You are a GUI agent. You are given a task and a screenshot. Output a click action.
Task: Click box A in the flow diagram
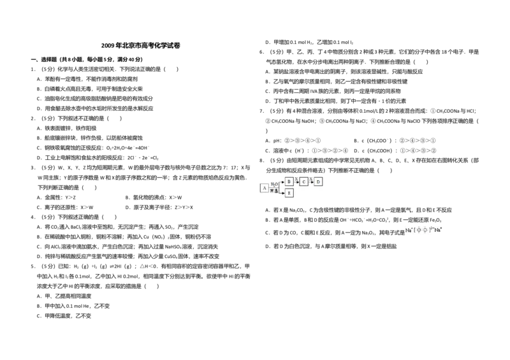point(264,188)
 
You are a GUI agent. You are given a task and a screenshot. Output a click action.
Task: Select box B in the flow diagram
point(289,182)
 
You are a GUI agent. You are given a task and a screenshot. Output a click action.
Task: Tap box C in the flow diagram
point(304,182)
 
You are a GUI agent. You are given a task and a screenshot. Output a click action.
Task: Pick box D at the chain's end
point(319,182)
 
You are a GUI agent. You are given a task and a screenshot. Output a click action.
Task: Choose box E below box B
point(289,192)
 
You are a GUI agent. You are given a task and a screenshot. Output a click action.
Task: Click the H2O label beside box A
point(274,184)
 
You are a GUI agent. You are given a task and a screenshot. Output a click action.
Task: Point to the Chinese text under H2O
point(274,191)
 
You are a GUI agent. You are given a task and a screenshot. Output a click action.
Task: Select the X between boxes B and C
point(296,178)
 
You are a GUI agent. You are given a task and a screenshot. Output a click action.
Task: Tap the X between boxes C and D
point(311,178)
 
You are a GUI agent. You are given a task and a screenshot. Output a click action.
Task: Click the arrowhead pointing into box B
point(282,182)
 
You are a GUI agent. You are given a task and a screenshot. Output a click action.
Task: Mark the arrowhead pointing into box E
point(282,192)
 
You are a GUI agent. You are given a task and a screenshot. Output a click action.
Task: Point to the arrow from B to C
point(296,182)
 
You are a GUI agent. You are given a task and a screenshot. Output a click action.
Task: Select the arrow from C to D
point(312,182)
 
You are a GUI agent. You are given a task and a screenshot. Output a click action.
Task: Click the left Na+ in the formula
point(408,230)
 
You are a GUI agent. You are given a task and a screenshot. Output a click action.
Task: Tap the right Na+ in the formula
point(439,229)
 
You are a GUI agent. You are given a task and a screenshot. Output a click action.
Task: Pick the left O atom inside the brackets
point(418,230)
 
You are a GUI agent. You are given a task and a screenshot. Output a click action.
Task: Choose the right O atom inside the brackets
point(425,230)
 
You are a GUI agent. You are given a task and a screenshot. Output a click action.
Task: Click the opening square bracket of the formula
point(414,230)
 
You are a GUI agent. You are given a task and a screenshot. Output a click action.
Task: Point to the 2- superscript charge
point(432,227)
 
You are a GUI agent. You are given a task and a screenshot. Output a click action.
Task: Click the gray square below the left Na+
point(405,237)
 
